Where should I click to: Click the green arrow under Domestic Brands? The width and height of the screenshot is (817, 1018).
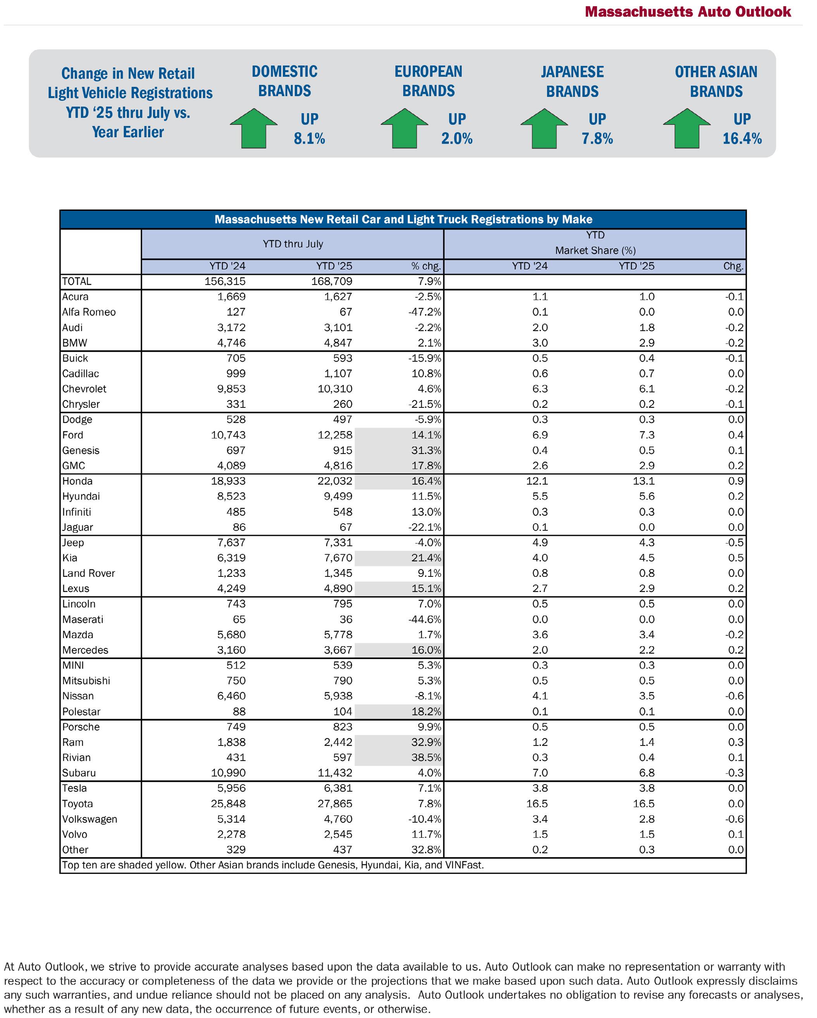pyautogui.click(x=253, y=128)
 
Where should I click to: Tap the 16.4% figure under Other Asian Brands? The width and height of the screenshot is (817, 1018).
pyautogui.click(x=741, y=138)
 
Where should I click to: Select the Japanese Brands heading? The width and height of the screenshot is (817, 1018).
pyautogui.click(x=572, y=81)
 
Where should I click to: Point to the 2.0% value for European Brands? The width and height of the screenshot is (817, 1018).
pyautogui.click(x=457, y=138)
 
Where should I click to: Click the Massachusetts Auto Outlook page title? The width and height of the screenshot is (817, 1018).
pyautogui.click(x=688, y=12)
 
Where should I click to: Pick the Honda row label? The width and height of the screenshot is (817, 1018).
pyautogui.click(x=78, y=481)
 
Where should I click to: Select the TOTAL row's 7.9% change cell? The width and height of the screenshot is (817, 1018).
pyautogui.click(x=426, y=281)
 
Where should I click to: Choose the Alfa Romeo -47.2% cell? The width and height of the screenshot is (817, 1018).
pyautogui.click(x=425, y=312)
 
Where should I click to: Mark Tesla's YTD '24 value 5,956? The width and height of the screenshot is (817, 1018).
pyautogui.click(x=231, y=788)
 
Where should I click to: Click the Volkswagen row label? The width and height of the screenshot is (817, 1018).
pyautogui.click(x=90, y=819)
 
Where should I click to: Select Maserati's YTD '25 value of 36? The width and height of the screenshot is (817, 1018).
pyautogui.click(x=345, y=619)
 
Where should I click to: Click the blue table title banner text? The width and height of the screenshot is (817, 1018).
pyautogui.click(x=403, y=219)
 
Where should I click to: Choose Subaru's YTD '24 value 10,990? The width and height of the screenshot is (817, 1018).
pyautogui.click(x=228, y=773)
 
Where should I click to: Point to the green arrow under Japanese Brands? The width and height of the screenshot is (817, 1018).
pyautogui.click(x=544, y=128)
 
